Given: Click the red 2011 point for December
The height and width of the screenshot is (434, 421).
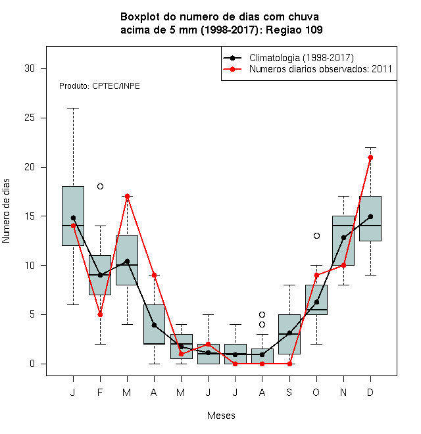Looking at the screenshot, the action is pyautogui.click(x=370, y=158).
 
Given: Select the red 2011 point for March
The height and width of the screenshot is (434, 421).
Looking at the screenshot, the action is pyautogui.click(x=127, y=196).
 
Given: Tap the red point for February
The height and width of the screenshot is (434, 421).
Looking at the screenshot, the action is pyautogui.click(x=100, y=315).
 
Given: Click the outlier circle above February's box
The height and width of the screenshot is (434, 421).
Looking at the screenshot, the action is pyautogui.click(x=100, y=186).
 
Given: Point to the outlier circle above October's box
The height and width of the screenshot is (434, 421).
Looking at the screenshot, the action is pyautogui.click(x=316, y=235).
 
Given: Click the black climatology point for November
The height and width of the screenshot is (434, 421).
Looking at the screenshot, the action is pyautogui.click(x=344, y=237).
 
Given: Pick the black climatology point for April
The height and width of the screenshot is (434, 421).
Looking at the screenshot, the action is pyautogui.click(x=155, y=325).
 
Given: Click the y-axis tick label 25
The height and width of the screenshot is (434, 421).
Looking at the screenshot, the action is pyautogui.click(x=30, y=118).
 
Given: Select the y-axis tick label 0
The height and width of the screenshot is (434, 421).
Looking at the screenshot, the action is pyautogui.click(x=32, y=364).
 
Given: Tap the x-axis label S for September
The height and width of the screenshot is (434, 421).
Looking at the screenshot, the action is pyautogui.click(x=289, y=392).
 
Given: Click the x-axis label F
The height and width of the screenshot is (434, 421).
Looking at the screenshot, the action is pyautogui.click(x=100, y=392).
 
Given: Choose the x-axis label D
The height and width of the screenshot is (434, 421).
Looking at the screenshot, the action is pyautogui.click(x=370, y=392).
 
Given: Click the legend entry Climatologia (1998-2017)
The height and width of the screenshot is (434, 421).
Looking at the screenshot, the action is pyautogui.click(x=301, y=58).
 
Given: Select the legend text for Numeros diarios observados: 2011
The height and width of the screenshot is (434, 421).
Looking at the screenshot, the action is pyautogui.click(x=320, y=69).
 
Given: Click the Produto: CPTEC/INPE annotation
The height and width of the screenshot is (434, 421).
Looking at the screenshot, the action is pyautogui.click(x=99, y=86).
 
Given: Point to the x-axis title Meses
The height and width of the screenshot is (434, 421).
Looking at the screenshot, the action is pyautogui.click(x=221, y=416).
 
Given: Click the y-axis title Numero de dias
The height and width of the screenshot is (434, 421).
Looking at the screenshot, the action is pyautogui.click(x=6, y=211).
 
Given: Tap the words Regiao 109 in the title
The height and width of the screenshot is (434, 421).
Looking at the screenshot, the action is pyautogui.click(x=294, y=30).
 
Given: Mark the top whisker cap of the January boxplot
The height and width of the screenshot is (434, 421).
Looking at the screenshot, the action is pyautogui.click(x=73, y=108).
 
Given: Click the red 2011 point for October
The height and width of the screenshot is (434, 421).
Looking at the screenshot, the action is pyautogui.click(x=316, y=275).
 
